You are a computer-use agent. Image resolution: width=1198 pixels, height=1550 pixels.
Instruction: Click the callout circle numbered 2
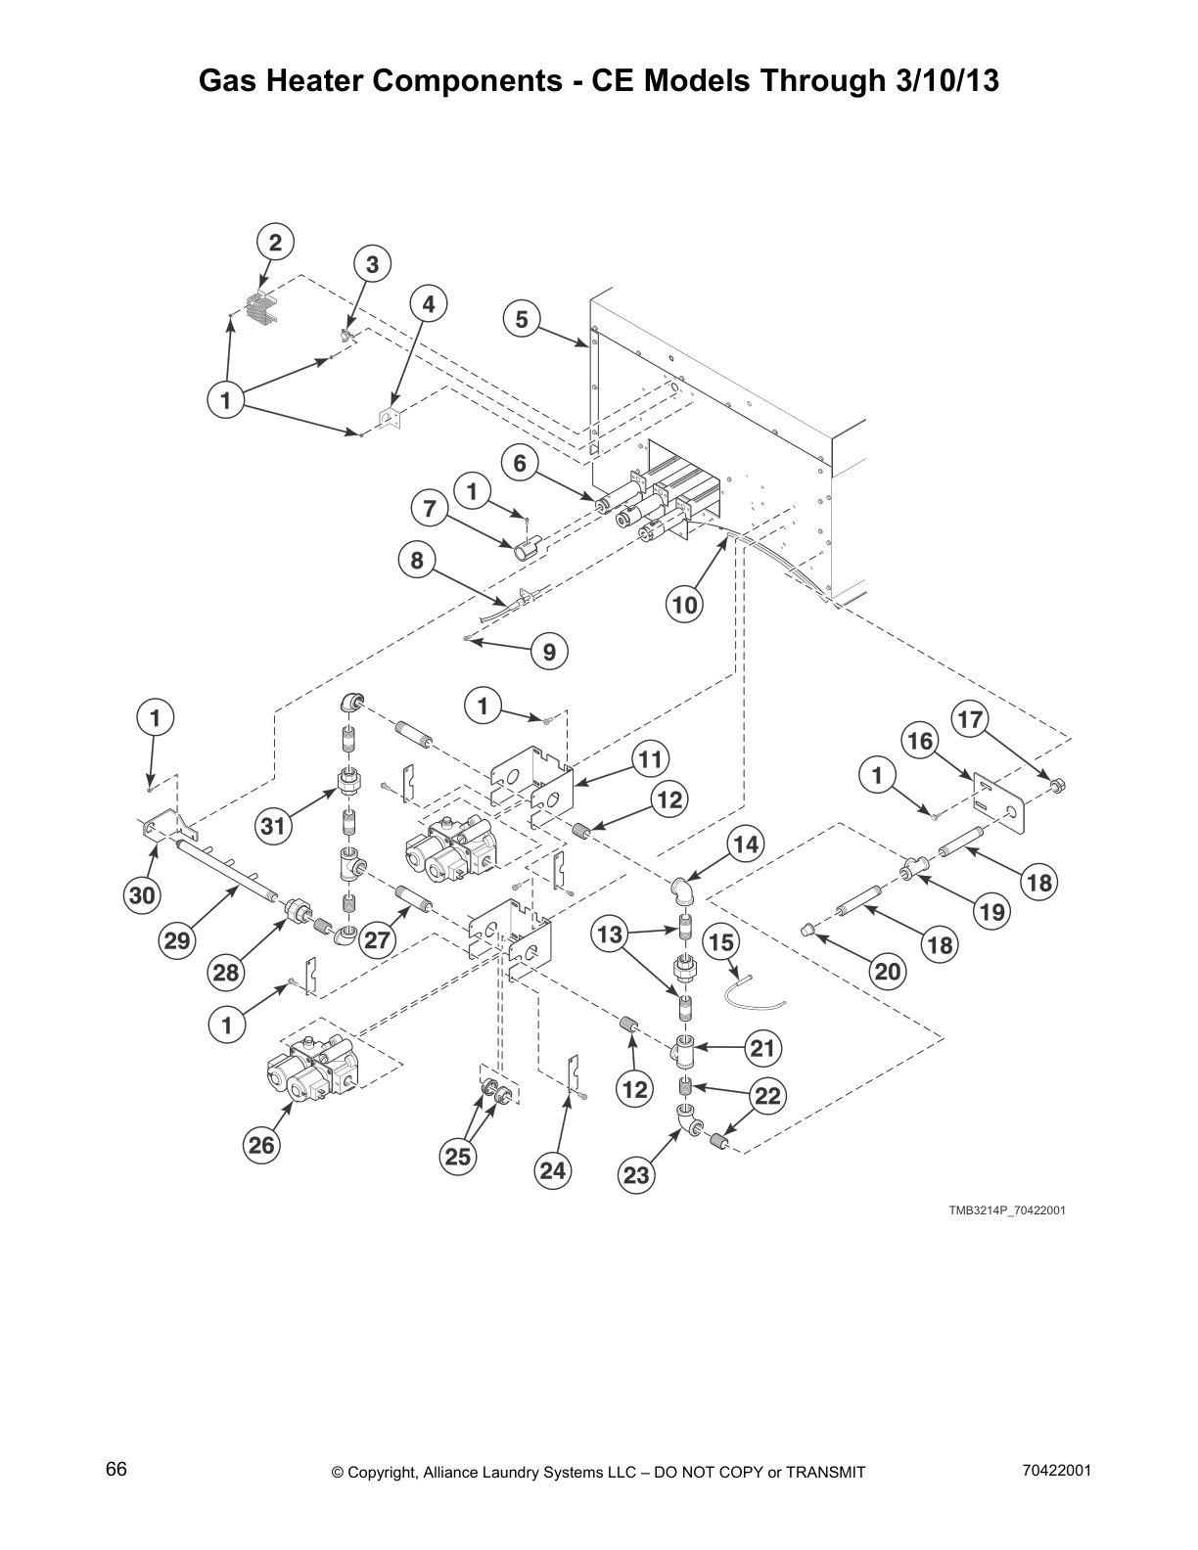coord(275,242)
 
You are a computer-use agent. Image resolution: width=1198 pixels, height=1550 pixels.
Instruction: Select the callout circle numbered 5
coord(522,319)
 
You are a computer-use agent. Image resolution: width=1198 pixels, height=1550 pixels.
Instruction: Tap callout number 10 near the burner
coord(685,605)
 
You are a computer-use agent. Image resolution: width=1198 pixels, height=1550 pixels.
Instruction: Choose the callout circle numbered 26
coord(262,1144)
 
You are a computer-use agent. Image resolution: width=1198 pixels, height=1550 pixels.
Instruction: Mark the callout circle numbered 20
coord(888,971)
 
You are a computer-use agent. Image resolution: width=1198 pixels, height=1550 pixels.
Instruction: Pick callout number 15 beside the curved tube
coord(720,942)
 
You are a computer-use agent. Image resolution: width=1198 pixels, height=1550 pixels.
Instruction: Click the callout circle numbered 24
coord(553,1170)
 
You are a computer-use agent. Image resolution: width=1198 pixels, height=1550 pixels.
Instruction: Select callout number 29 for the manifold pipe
coord(176,941)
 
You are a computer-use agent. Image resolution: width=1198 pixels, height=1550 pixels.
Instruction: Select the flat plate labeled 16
coord(996,804)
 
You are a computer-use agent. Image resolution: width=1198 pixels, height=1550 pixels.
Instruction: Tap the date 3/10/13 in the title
coord(946,81)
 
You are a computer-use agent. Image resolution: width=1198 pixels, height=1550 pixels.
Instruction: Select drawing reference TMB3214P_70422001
coord(1006,1210)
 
